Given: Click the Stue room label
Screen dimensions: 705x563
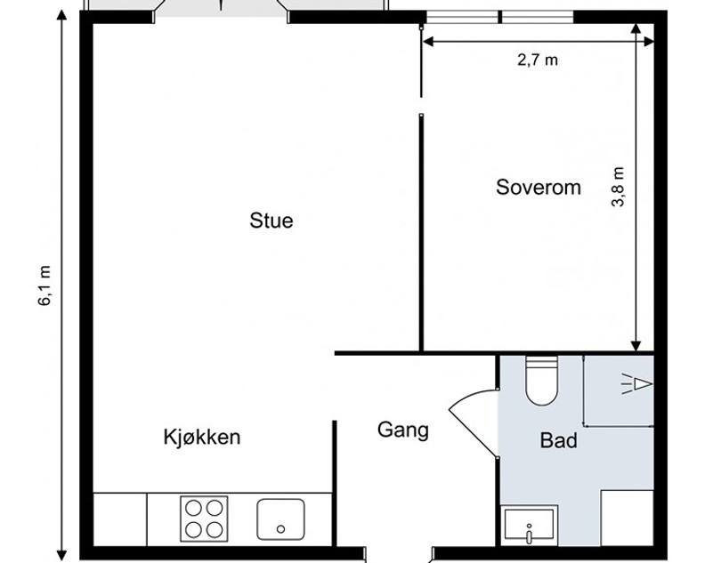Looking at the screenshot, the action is [271, 221].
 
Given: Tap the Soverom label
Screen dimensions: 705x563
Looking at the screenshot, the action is [539, 187].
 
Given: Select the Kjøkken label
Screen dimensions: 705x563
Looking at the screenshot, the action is [202, 438].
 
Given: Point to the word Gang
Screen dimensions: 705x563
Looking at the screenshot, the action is [403, 430].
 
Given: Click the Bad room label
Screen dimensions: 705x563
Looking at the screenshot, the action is [558, 440].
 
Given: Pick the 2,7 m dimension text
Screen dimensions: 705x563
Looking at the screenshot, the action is [538, 60].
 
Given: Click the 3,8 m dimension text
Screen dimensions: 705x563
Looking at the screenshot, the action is [619, 187].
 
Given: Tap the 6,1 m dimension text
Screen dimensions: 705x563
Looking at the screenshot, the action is [45, 286].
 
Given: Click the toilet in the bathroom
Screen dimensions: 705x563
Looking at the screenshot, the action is [541, 381].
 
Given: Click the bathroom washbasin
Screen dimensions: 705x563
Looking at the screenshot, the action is [530, 525].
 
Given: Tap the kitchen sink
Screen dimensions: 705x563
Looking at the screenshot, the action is [280, 519].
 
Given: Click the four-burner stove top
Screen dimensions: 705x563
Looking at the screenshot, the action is [204, 519].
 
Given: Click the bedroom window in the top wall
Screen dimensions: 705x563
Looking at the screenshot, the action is [500, 17].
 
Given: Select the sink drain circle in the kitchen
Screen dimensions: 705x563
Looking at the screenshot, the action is [281, 529].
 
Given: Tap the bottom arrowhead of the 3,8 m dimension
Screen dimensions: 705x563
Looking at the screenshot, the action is [636, 346].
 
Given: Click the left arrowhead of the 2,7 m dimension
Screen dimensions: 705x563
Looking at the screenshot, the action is [428, 42].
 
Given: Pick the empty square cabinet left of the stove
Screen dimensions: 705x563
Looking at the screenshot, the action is [119, 519].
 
